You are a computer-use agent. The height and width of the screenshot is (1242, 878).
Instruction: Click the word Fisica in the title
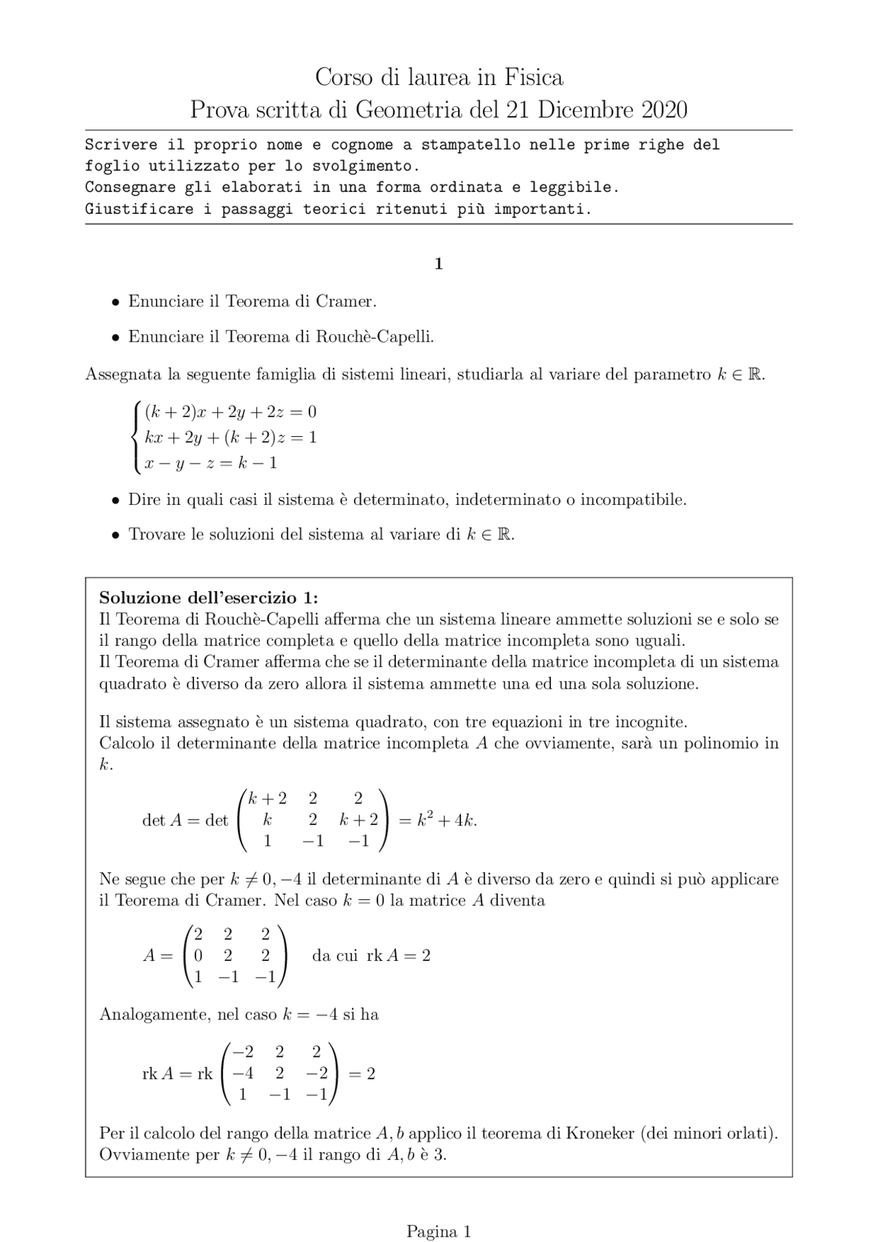(534, 77)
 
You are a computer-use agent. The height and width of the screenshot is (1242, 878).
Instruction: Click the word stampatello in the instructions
(470, 145)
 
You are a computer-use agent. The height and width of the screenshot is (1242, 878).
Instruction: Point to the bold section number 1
(438, 264)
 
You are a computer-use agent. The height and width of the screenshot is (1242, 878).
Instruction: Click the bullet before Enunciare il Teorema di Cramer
(116, 302)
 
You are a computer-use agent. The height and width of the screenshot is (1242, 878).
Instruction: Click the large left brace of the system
(137, 437)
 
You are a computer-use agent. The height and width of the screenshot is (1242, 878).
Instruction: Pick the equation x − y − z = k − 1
(211, 463)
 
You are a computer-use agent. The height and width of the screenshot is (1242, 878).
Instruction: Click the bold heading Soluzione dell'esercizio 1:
(209, 597)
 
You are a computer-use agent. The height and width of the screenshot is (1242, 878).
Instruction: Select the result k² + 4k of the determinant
(447, 820)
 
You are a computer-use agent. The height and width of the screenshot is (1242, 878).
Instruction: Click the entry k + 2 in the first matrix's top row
(268, 798)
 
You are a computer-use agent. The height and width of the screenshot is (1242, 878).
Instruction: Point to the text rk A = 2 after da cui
(399, 956)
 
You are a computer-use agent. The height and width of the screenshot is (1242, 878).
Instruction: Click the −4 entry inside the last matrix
(242, 1073)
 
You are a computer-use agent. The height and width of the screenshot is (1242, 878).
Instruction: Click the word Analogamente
(154, 1014)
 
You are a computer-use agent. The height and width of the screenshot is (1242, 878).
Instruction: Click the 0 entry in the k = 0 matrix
(198, 955)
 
